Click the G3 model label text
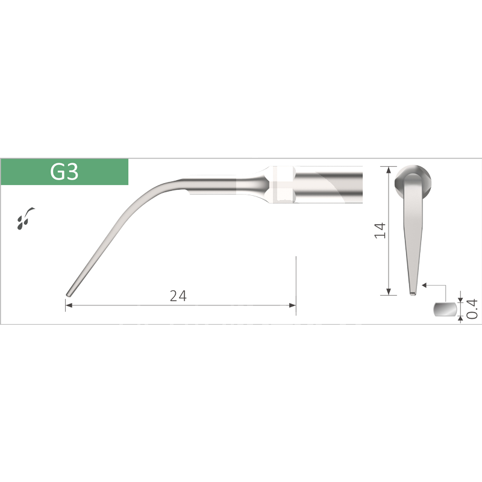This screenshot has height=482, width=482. coord(64,172)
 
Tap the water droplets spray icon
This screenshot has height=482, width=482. coord(27,218)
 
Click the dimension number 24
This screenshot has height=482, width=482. coord(178,296)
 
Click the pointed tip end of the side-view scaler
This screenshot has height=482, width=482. coord(68,294)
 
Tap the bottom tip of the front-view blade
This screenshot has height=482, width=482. coord(412,293)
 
